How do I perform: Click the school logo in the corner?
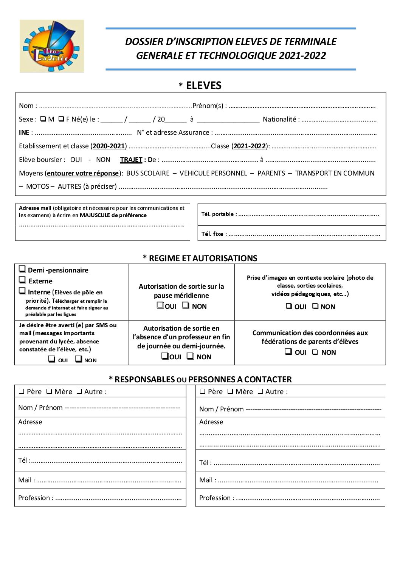click(x=52, y=46)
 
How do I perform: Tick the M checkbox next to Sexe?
click(x=43, y=119)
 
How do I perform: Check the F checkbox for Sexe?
click(x=61, y=119)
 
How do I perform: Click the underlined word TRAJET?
click(x=131, y=160)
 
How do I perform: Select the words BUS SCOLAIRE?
click(x=148, y=173)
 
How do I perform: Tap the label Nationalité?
click(x=280, y=119)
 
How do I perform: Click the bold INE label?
click(x=24, y=132)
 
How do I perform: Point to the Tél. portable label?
click(x=217, y=214)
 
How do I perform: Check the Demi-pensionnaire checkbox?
click(x=22, y=269)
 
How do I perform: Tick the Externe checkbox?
click(x=22, y=280)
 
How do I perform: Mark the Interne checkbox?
click(x=22, y=291)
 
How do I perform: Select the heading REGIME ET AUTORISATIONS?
click(x=200, y=258)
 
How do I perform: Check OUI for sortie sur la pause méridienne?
click(x=160, y=305)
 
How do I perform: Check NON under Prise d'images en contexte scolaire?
click(x=315, y=306)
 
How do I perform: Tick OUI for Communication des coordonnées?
click(x=288, y=352)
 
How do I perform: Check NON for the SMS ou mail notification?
click(x=79, y=359)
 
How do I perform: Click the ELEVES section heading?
click(x=203, y=86)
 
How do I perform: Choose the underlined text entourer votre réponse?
click(x=82, y=173)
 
